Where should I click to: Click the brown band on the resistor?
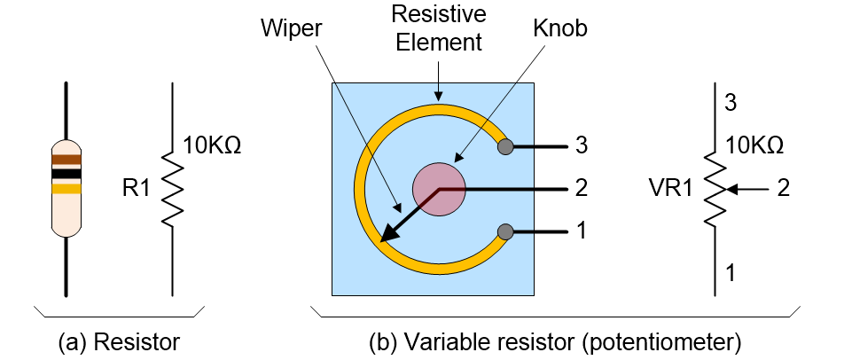coord(66,160)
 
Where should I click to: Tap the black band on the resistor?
coord(66,173)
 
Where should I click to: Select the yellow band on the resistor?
coord(66,188)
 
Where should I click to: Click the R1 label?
coord(136,190)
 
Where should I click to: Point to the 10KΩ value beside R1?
coord(212,145)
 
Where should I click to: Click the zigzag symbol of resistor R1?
coord(172,189)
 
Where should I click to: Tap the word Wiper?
coord(291,28)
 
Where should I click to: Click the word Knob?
coord(559,29)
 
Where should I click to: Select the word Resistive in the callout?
coord(439,14)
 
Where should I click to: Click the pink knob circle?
coord(439,189)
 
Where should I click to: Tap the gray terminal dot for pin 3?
coord(505,146)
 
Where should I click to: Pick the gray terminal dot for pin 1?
coord(505,231)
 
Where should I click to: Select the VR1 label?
coord(669,190)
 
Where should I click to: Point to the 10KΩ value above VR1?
coord(754,145)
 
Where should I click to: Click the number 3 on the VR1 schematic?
coord(731,103)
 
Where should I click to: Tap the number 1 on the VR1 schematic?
coord(730,273)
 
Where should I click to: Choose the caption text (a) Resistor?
coord(119,342)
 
